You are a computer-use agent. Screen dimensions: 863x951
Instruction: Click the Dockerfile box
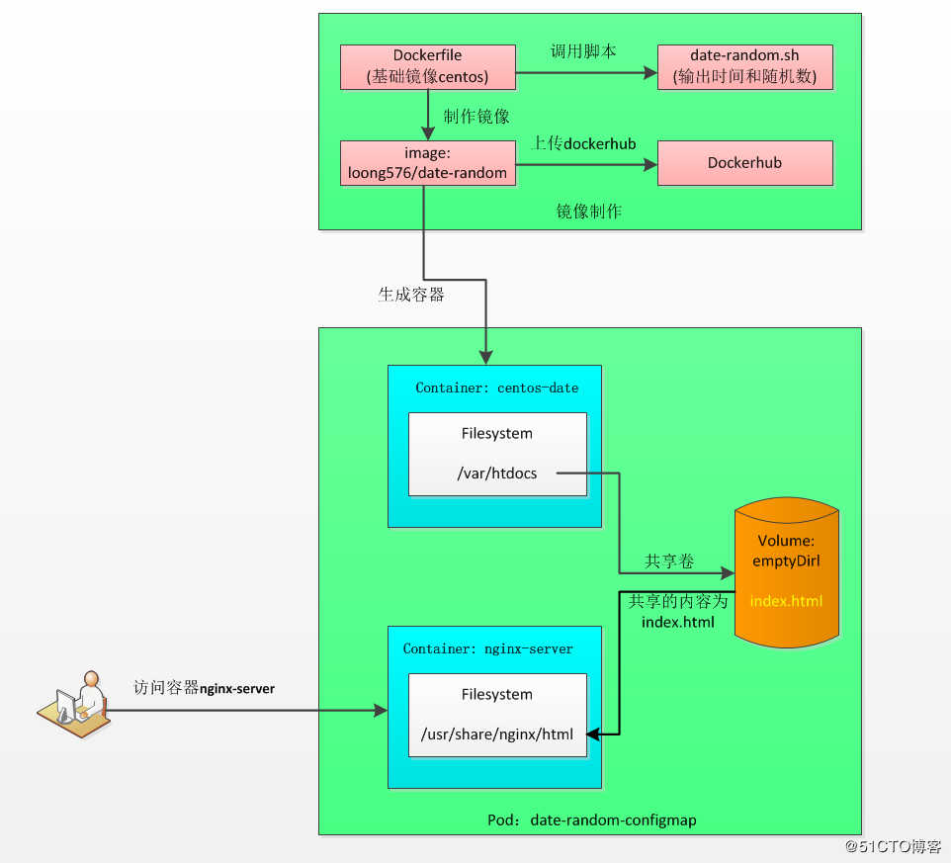coord(427,66)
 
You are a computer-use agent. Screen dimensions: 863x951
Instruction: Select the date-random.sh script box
coord(744,66)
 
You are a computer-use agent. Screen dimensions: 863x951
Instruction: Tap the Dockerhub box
coord(744,163)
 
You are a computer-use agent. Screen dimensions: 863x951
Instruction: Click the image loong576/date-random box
coord(427,163)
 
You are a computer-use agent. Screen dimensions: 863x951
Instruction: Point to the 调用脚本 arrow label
coord(582,50)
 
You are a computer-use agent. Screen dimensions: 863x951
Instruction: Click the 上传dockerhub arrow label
coord(584,144)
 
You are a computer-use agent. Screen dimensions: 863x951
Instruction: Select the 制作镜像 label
coord(476,117)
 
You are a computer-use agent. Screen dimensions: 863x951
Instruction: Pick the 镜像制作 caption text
coord(588,212)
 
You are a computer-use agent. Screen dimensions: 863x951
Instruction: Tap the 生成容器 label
coord(410,295)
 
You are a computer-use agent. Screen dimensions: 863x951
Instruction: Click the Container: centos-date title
coord(496,388)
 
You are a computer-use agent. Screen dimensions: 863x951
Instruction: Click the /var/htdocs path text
coord(497,474)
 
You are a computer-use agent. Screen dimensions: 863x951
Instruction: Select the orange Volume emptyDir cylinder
coord(786,573)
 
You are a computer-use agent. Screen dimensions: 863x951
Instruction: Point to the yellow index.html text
coord(786,601)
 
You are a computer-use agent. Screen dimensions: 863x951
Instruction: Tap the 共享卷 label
coord(669,561)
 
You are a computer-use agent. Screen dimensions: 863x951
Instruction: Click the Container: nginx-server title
coord(487,648)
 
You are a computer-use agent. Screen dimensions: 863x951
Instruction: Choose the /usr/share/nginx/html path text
coord(496,734)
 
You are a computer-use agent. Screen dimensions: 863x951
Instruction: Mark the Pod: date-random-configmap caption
coord(590,820)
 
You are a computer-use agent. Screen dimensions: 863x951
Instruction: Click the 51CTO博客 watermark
coord(893,847)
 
